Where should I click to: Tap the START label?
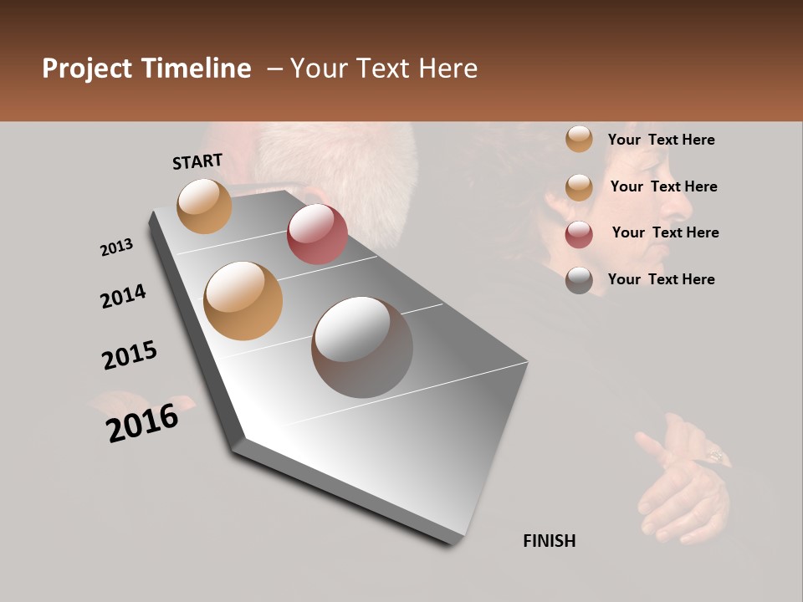197,161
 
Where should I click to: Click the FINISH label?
549,541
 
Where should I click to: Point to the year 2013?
116,247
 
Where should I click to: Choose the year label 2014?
123,296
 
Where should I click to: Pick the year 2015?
130,355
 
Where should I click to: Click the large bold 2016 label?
142,422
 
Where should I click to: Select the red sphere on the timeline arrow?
317,234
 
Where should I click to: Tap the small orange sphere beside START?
205,206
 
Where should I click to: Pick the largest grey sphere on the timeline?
362,347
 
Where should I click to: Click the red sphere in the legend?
579,234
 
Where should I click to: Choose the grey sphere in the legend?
579,280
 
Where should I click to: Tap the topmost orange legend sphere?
579,140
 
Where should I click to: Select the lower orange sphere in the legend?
579,187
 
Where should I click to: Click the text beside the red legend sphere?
665,232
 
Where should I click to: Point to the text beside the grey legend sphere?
661,279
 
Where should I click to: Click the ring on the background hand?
717,456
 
